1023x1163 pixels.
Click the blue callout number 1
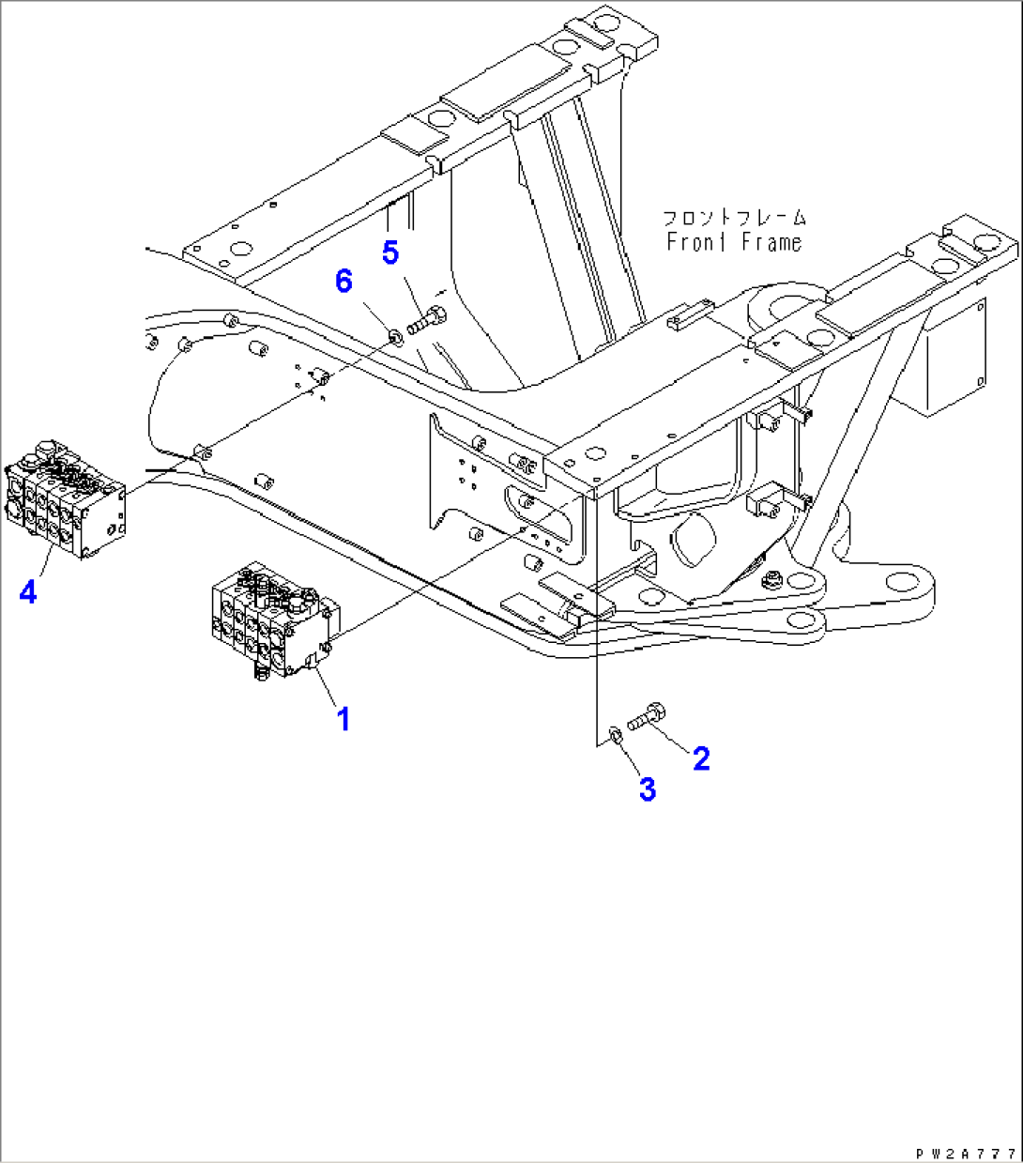[344, 720]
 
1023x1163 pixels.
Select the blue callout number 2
[701, 757]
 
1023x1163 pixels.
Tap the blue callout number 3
[647, 789]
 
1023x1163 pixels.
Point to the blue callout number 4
[28, 592]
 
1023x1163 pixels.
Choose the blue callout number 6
[344, 280]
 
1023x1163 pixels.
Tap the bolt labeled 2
[647, 717]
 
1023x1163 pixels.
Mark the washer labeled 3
[613, 733]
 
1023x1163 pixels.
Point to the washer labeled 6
[396, 332]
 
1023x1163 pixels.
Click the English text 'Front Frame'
[734, 242]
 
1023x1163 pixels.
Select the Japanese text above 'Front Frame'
[734, 219]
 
